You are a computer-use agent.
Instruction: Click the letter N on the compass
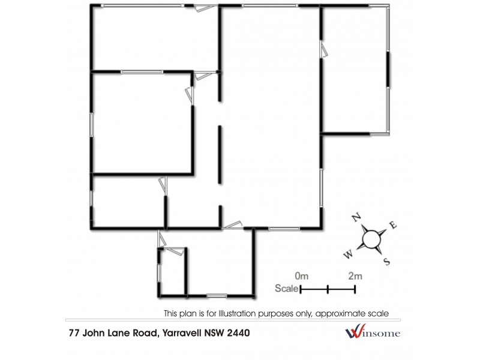coord(355,218)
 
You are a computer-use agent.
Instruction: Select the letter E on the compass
coord(394,225)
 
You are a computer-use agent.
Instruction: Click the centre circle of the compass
coord(371,239)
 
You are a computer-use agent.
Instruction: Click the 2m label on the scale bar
coord(355,276)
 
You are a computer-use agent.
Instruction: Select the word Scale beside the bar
coord(286,289)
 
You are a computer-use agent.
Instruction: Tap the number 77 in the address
coord(73,332)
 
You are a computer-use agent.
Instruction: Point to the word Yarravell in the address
coord(182,332)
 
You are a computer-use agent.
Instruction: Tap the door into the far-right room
coord(324,49)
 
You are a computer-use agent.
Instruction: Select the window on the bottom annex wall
coord(217,295)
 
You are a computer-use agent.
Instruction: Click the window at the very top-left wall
coord(142,5)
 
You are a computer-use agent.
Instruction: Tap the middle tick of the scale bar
coord(328,289)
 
